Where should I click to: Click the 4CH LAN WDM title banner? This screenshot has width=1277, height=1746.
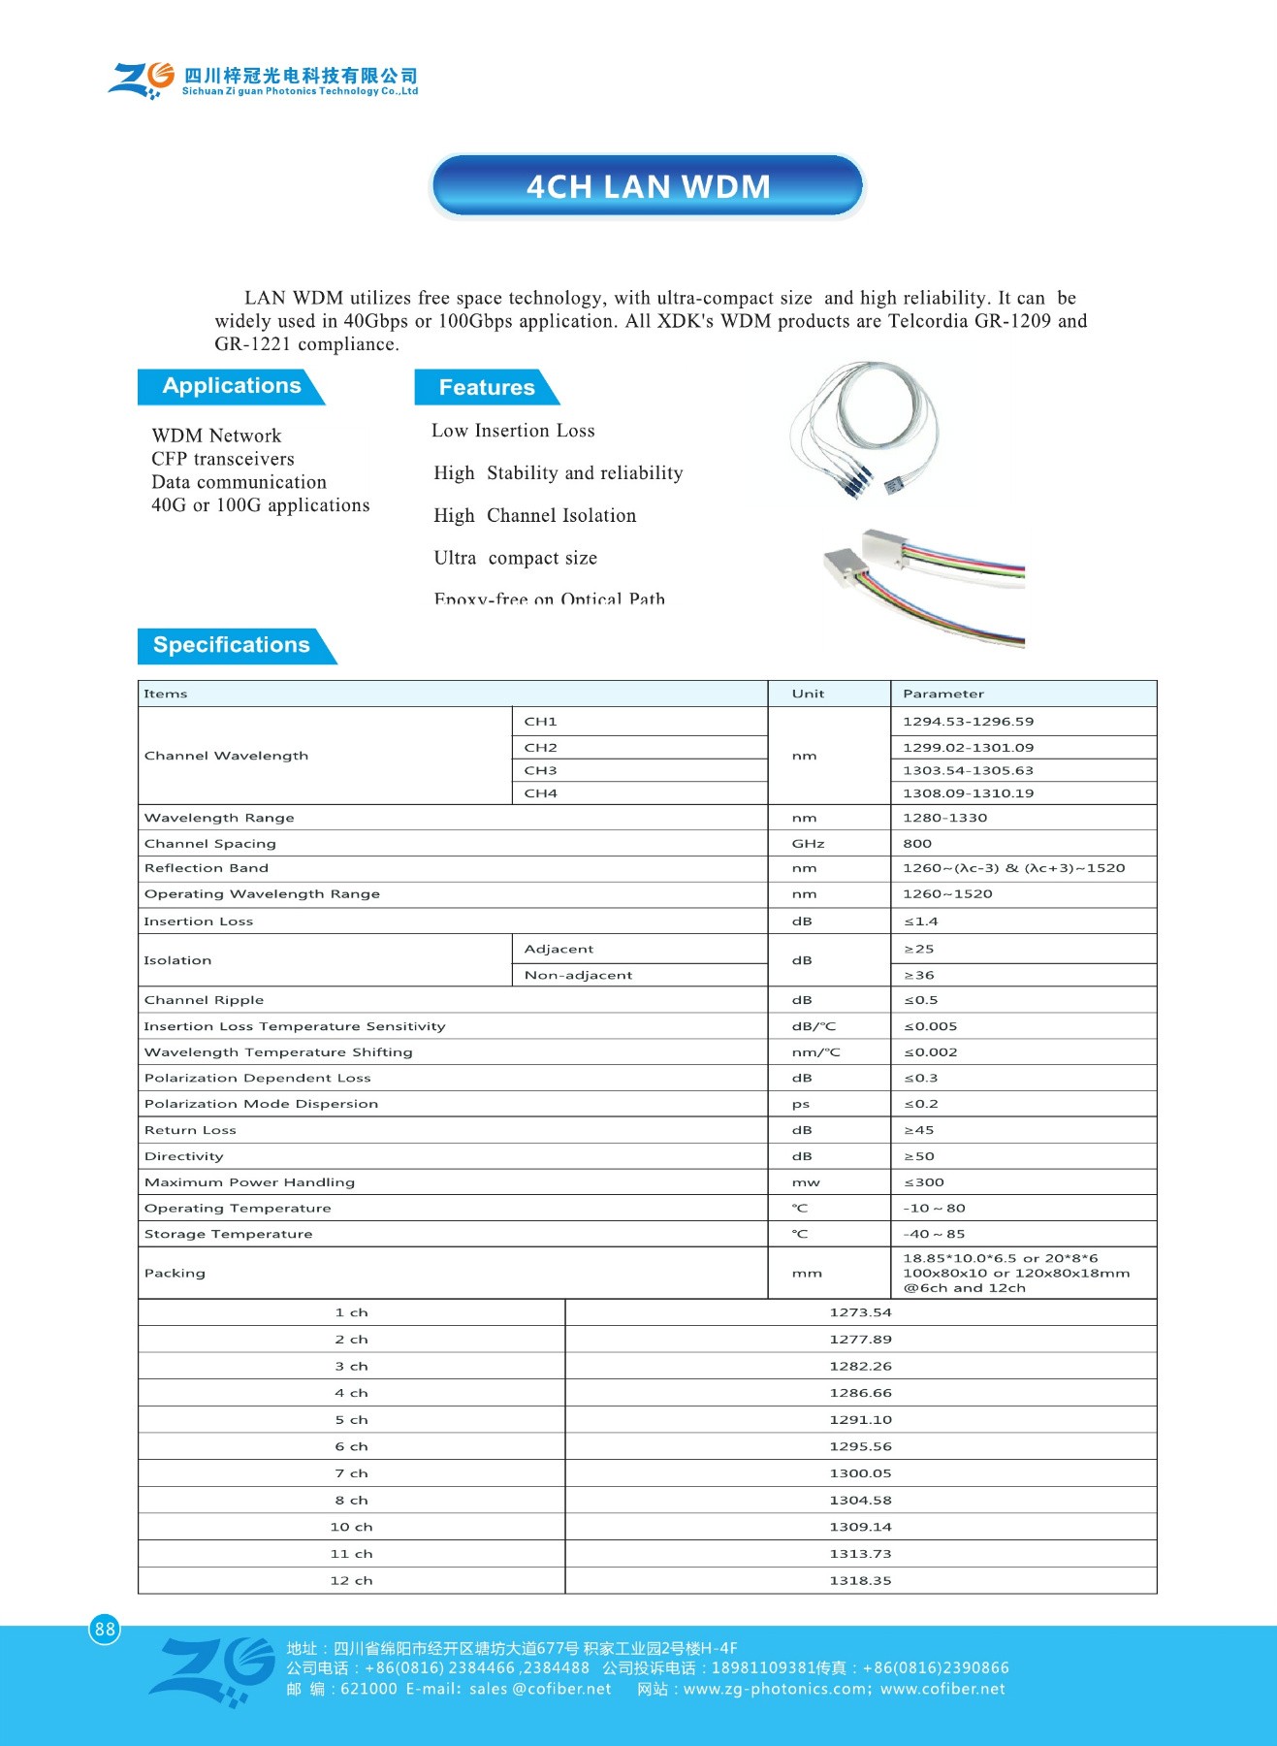click(x=647, y=185)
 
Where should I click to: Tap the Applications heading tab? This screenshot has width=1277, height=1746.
click(x=231, y=386)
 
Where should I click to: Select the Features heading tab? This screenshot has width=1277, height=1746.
click(x=486, y=387)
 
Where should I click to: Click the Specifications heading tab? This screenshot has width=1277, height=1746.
click(x=232, y=645)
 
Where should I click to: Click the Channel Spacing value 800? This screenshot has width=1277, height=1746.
click(x=917, y=844)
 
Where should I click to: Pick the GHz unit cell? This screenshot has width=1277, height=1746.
click(x=808, y=844)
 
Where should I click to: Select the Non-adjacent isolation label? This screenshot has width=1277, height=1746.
click(x=578, y=975)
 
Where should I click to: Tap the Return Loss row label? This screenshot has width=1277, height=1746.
click(x=190, y=1130)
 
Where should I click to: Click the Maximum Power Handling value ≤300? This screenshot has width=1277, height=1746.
click(x=924, y=1182)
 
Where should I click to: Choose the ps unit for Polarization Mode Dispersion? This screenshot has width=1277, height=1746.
click(x=801, y=1104)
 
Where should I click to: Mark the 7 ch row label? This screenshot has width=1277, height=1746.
click(x=351, y=1473)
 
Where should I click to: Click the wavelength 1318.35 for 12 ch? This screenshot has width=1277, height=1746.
click(x=860, y=1580)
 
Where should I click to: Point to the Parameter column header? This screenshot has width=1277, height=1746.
click(x=942, y=694)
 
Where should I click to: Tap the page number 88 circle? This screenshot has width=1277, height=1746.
click(x=105, y=1629)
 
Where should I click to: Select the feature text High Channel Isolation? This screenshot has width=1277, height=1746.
click(x=535, y=516)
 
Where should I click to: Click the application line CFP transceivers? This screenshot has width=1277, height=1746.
click(x=223, y=459)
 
